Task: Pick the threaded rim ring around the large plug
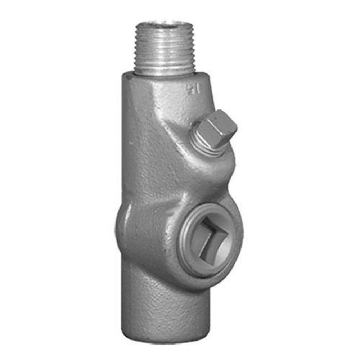[x=187, y=248]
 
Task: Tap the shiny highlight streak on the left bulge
[x=124, y=216]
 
